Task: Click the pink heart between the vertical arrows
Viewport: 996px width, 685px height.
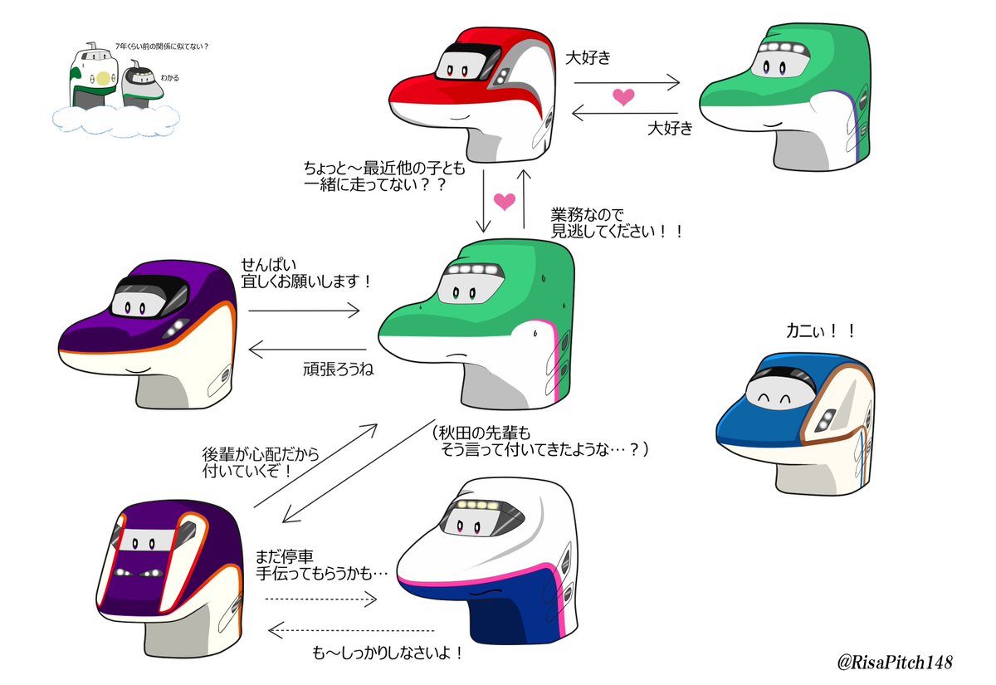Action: coord(504,201)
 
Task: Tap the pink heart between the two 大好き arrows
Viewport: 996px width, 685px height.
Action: coord(624,96)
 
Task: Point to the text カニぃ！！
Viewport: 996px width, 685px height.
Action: coord(820,330)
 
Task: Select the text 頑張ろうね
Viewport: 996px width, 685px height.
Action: coord(338,369)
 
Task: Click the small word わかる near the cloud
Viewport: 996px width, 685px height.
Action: coord(169,78)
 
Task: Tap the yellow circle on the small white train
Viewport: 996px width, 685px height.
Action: coord(102,79)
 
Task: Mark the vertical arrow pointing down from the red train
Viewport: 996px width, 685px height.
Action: coord(483,200)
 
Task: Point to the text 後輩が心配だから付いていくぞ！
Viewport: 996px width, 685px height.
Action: coord(260,463)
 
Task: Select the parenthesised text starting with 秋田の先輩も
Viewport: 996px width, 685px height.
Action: coord(539,441)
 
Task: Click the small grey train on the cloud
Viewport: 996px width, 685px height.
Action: coord(141,87)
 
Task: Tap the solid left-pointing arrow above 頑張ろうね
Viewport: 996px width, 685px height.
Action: coord(308,350)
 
